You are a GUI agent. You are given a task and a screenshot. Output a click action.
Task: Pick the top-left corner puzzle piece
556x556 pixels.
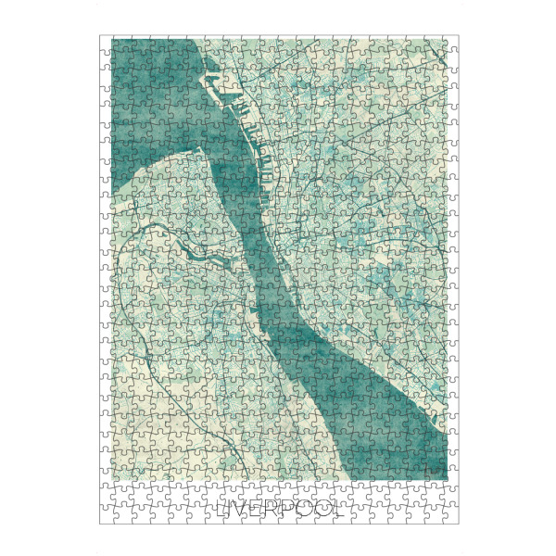107,43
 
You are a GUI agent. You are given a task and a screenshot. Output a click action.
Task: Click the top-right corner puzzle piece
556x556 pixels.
452,43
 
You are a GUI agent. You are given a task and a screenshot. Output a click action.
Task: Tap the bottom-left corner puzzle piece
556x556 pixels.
107,517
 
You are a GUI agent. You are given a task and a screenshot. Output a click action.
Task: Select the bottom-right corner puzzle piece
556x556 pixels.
452,517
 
